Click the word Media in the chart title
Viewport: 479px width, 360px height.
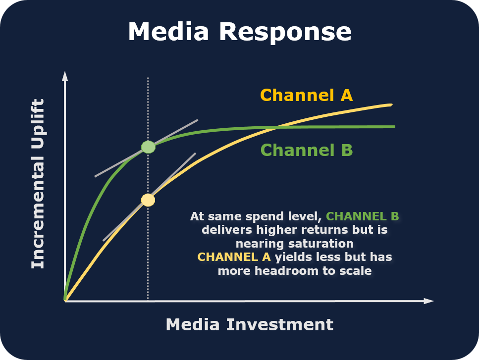click(169, 32)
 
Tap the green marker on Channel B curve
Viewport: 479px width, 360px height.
click(148, 147)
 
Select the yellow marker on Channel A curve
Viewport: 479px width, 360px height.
click(148, 200)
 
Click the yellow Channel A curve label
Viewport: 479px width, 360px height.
click(306, 95)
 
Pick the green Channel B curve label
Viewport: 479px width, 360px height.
click(306, 150)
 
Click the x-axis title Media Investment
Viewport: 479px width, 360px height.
click(249, 325)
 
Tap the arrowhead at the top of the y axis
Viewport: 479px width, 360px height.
click(64, 76)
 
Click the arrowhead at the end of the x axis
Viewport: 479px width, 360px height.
click(429, 301)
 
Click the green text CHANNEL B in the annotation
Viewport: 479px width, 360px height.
click(363, 216)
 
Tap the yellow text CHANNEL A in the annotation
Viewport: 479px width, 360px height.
click(234, 257)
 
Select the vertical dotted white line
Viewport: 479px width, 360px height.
click(148, 257)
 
